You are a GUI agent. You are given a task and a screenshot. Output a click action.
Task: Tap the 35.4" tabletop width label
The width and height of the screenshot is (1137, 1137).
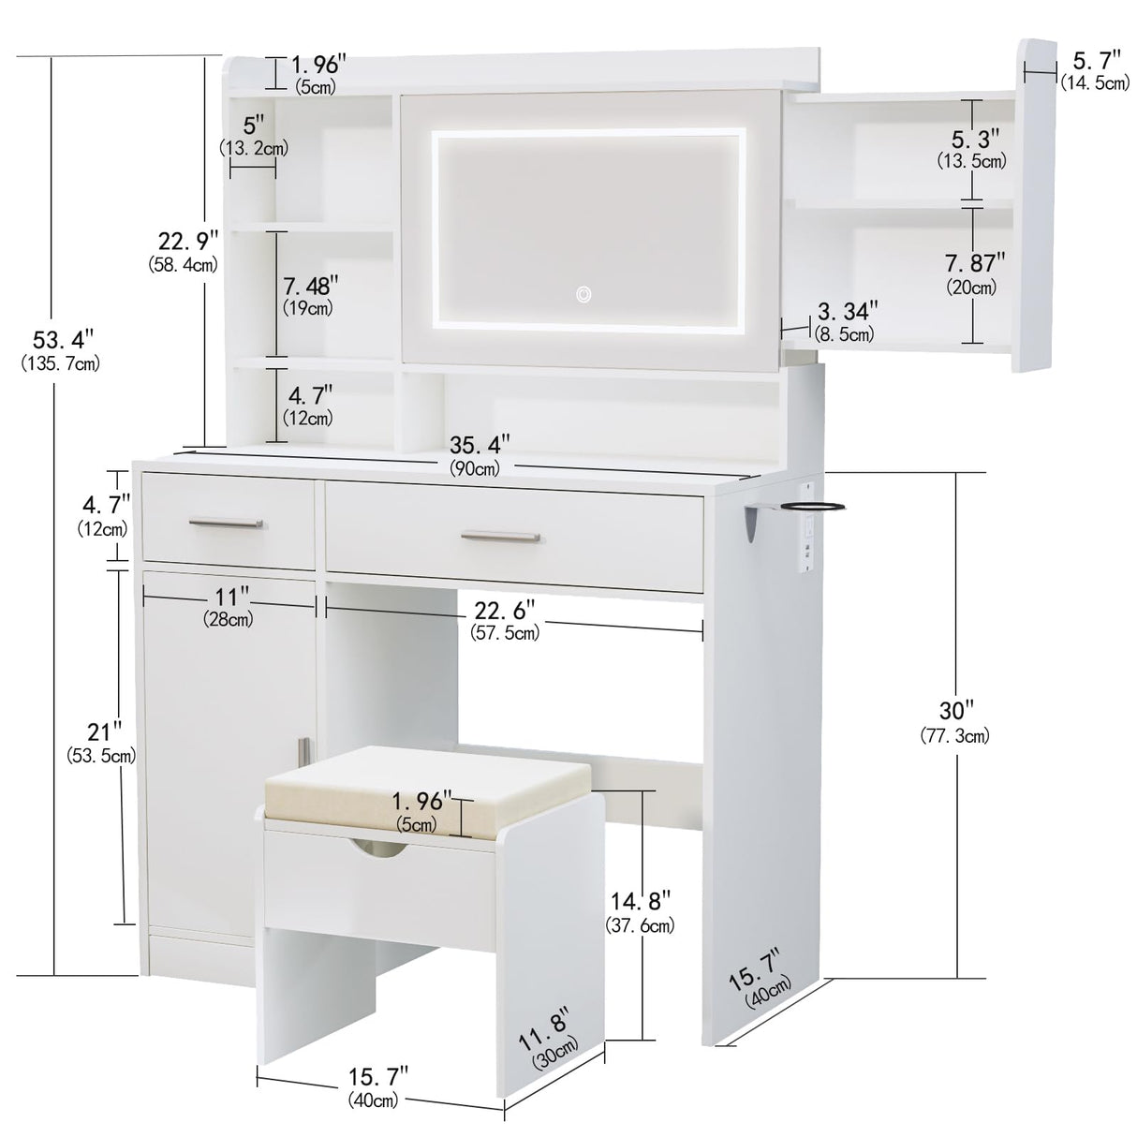coord(474,446)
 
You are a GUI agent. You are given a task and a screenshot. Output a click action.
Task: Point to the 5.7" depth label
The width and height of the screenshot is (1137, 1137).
coord(1095,62)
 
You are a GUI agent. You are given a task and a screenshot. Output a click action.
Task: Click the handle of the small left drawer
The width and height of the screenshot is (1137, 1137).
coord(225,522)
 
